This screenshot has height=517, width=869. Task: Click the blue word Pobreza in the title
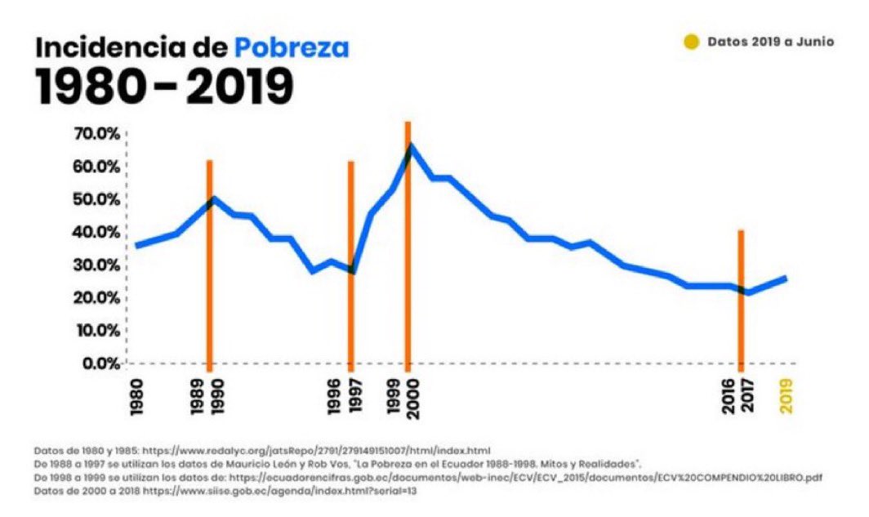point(292,48)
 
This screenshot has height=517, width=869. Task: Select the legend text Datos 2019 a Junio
point(770,42)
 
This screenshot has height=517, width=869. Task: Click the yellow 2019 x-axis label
point(787,397)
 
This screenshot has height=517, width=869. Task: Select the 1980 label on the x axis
point(136,397)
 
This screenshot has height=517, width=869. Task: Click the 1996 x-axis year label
point(335,397)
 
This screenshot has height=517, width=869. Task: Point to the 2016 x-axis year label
point(729,397)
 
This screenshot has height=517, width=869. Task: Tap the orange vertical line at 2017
point(741,327)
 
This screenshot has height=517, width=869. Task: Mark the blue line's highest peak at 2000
point(410,146)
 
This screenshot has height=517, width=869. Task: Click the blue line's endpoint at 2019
point(786,278)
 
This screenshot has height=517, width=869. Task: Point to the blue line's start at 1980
point(137,245)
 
